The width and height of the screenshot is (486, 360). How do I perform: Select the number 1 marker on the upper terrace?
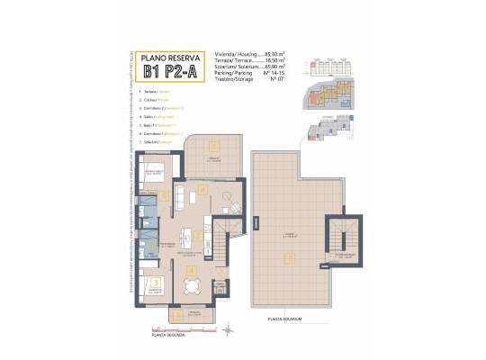click(x=213, y=146)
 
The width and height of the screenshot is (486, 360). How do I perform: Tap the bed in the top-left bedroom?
click(x=152, y=173)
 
